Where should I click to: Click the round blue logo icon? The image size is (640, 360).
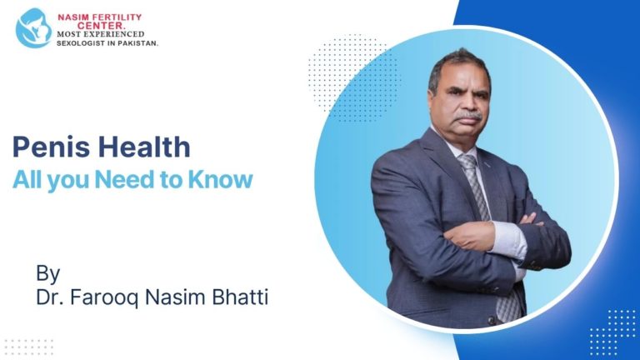coord(34,27)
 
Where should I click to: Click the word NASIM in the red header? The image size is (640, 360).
coord(72,16)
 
